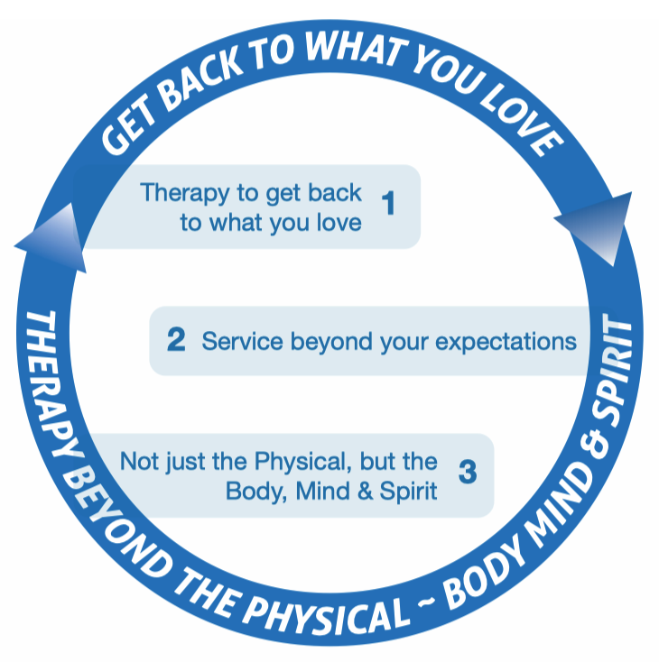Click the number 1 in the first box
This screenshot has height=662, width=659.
[388, 203]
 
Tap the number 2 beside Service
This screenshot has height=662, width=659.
[176, 339]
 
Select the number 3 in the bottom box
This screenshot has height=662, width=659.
[468, 472]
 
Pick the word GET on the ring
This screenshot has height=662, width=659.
[127, 130]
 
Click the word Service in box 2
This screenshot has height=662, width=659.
[242, 341]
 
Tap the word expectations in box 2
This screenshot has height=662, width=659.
[506, 342]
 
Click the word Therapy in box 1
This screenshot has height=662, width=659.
[184, 193]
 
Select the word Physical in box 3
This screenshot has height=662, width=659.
[303, 462]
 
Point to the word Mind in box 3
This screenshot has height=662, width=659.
[323, 491]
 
